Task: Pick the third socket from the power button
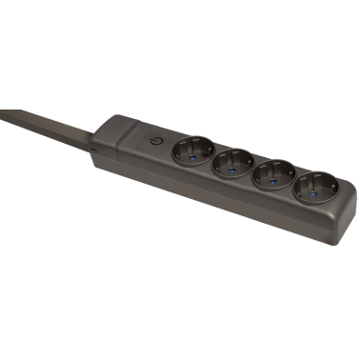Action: (x=270, y=174)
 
